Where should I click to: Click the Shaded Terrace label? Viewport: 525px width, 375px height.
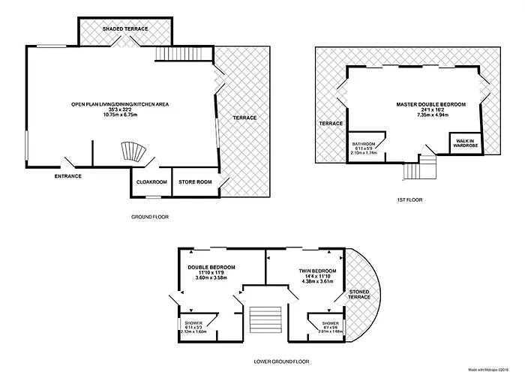(x=125, y=28)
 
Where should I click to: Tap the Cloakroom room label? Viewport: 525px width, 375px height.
(x=151, y=182)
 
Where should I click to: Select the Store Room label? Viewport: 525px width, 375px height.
(x=195, y=182)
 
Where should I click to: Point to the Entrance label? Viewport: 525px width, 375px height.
(x=68, y=176)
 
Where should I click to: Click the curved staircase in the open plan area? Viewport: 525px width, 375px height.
(x=133, y=152)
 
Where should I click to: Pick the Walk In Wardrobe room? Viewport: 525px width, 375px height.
(x=466, y=143)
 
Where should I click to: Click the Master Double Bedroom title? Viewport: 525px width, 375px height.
(x=431, y=104)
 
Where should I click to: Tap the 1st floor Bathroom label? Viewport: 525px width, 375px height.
(x=364, y=144)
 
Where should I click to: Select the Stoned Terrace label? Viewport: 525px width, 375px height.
(x=359, y=295)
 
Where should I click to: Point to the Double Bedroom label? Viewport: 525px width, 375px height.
(x=211, y=267)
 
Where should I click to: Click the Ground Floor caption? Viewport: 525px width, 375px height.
(x=150, y=217)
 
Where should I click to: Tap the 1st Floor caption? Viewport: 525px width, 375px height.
(x=409, y=200)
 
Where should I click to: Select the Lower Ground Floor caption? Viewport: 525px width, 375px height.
(x=281, y=361)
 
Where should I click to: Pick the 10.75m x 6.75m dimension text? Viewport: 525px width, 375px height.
(x=120, y=115)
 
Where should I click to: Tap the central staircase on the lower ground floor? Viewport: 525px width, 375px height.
(x=265, y=319)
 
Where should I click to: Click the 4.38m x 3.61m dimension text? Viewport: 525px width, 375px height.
(x=317, y=281)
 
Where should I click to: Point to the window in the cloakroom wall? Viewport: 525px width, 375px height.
(x=153, y=197)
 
